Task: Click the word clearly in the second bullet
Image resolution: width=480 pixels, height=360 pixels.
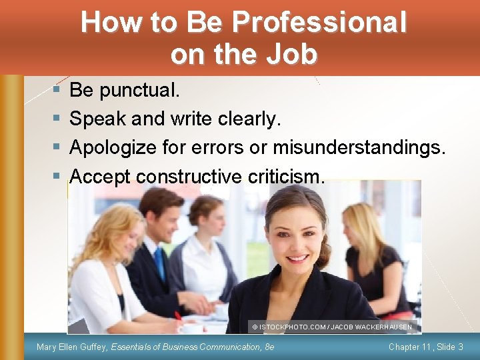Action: tap(249, 119)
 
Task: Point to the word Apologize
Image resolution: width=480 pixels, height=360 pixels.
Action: tap(112, 147)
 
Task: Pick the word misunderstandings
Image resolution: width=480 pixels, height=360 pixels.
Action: tap(358, 147)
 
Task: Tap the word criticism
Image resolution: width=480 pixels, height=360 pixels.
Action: tap(285, 176)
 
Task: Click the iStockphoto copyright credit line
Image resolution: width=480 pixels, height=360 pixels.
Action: tap(332, 327)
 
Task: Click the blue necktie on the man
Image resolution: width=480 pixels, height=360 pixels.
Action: tap(160, 263)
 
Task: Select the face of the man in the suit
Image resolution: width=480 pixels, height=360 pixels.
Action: tap(162, 217)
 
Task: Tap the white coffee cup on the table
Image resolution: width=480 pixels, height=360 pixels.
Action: tap(193, 328)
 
